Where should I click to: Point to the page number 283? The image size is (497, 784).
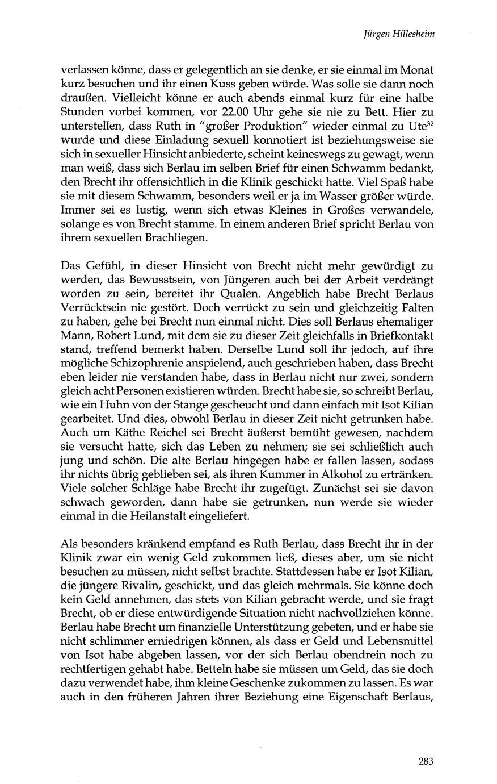coord(426,762)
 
